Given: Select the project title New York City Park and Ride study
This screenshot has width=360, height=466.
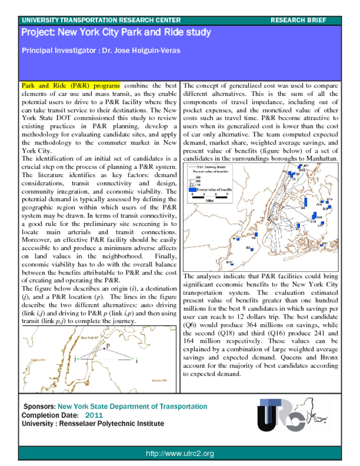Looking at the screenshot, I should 116,33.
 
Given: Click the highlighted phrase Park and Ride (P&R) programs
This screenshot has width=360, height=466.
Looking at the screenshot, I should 71,85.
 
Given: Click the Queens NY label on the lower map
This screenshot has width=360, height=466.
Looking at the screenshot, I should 159,380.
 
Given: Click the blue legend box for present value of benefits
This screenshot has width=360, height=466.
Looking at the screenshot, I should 193,189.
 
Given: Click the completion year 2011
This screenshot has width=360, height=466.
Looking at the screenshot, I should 94,415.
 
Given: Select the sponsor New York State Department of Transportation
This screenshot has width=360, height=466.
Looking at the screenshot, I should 132,406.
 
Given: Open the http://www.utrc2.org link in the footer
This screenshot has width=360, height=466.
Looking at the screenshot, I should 180,454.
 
